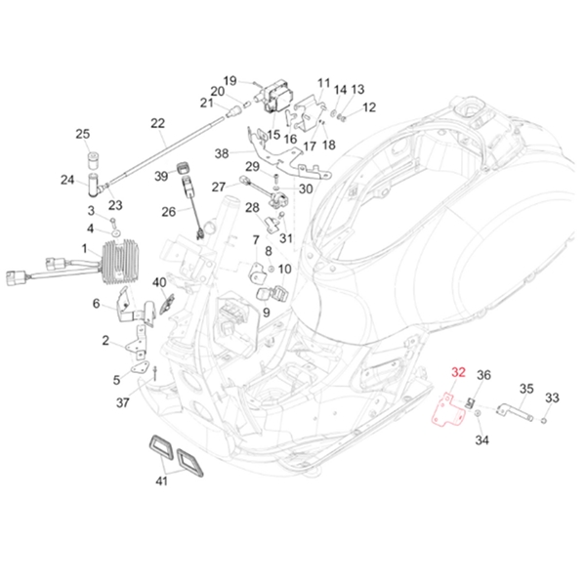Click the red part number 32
(x=458, y=372)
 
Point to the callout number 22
(x=157, y=123)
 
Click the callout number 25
(x=82, y=134)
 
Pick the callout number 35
(x=525, y=388)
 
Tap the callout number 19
(x=230, y=80)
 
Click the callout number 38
(x=222, y=153)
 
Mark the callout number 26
(x=168, y=211)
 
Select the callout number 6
(x=97, y=304)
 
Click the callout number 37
(x=123, y=401)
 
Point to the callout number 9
(x=265, y=312)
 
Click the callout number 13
(x=357, y=89)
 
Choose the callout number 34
(x=481, y=439)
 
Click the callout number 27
(x=219, y=186)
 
